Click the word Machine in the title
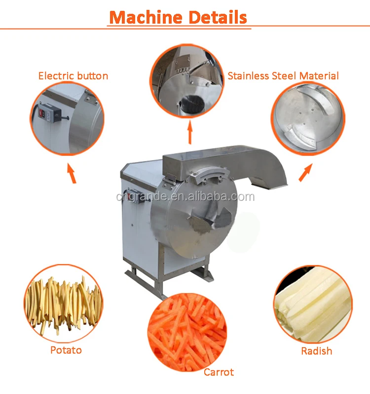click(143, 17)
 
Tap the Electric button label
click(73, 76)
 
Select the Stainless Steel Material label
click(283, 76)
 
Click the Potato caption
click(66, 350)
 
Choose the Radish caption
click(316, 351)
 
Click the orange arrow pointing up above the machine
click(189, 133)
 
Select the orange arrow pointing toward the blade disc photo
click(305, 173)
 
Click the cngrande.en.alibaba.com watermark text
click(185, 197)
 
